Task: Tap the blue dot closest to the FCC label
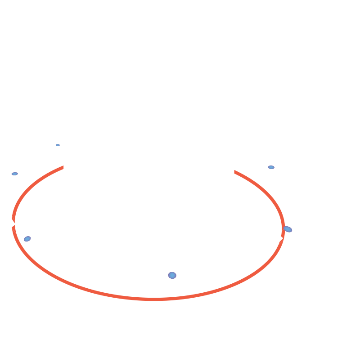(27, 240)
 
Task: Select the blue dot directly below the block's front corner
(172, 275)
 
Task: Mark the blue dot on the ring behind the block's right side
(271, 167)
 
